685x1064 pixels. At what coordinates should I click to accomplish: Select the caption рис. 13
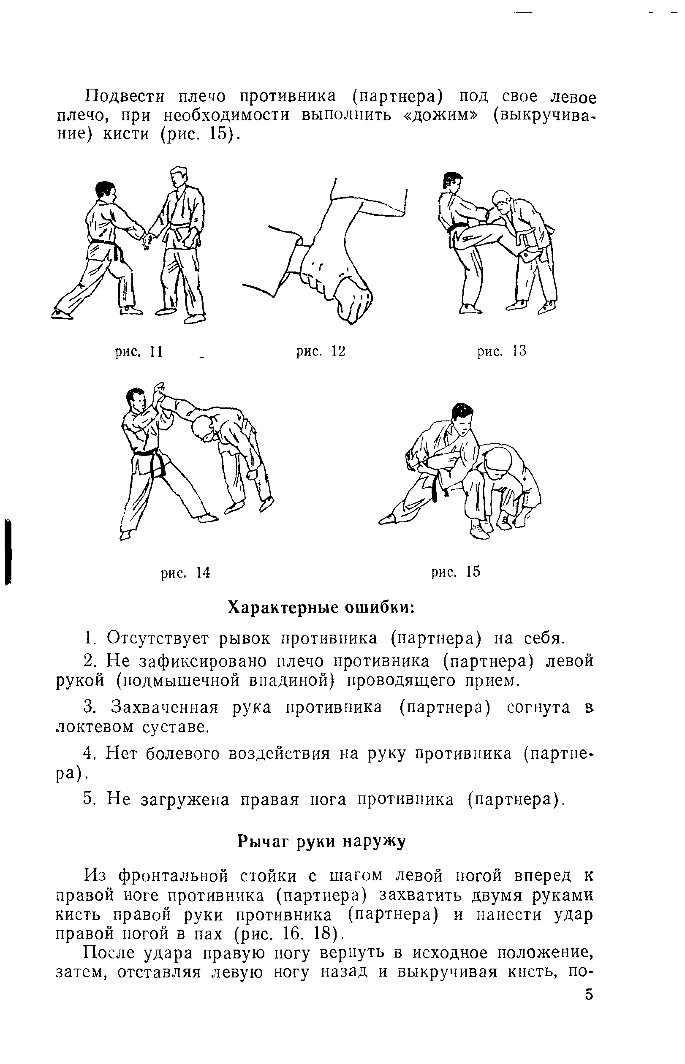pyautogui.click(x=502, y=351)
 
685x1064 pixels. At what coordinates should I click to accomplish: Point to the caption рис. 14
pyautogui.click(x=185, y=573)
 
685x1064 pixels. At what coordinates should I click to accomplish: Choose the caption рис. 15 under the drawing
pyautogui.click(x=456, y=571)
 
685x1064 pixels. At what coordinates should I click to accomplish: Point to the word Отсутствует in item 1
pyautogui.click(x=158, y=638)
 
